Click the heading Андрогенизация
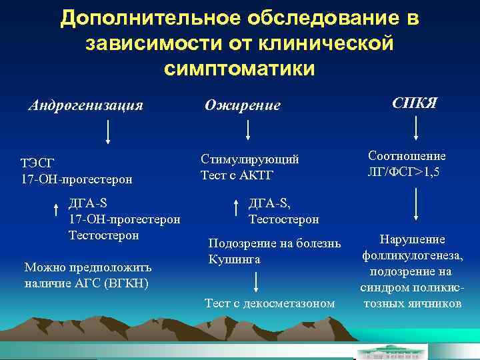(85, 105)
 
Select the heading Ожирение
(242, 105)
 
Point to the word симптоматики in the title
(239, 68)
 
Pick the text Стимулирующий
(250, 159)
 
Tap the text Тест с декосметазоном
(269, 304)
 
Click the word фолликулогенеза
(412, 255)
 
